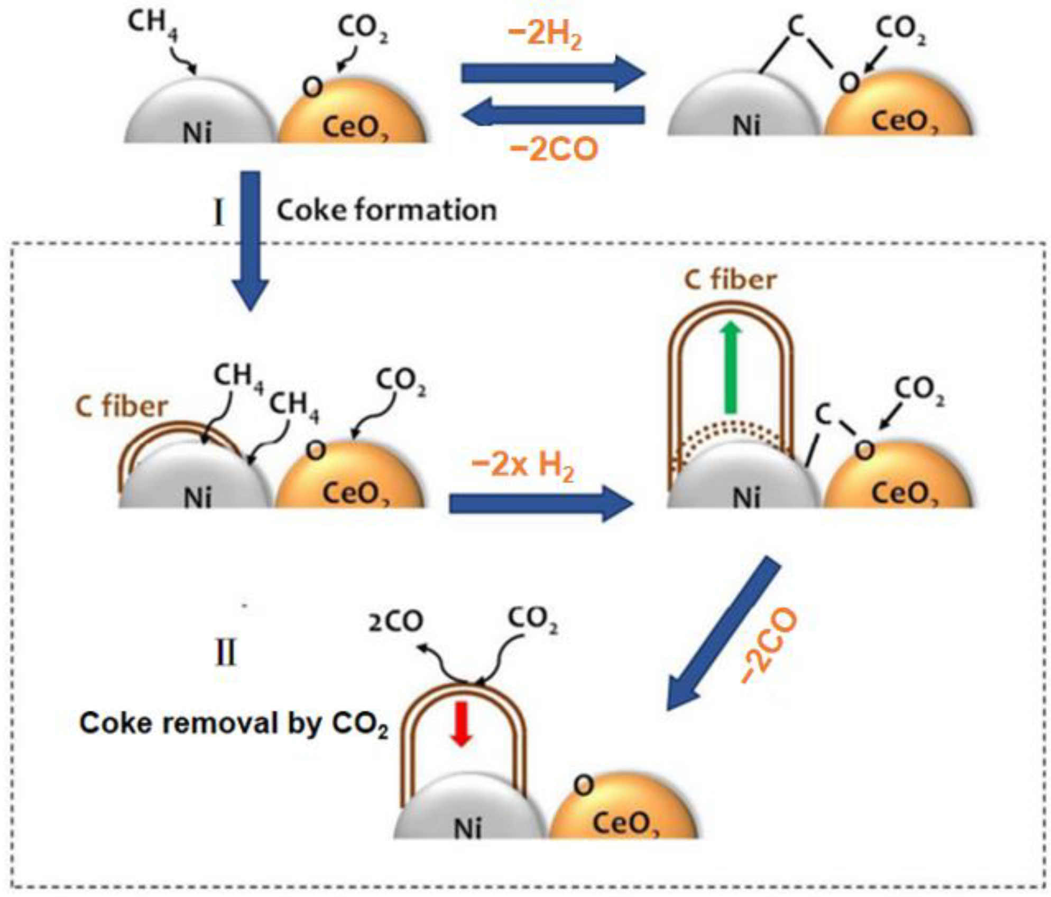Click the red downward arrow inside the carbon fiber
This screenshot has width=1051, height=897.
[x=462, y=723]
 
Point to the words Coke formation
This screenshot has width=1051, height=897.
[x=386, y=210]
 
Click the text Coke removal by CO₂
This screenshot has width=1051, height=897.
[x=233, y=724]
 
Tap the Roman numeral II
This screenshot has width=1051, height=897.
[x=226, y=653]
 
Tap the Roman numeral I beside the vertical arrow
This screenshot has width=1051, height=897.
[x=218, y=213]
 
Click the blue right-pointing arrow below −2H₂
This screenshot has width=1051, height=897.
[x=552, y=73]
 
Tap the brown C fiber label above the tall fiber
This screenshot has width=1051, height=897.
[x=730, y=279]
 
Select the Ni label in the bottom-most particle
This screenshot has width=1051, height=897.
[x=468, y=829]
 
